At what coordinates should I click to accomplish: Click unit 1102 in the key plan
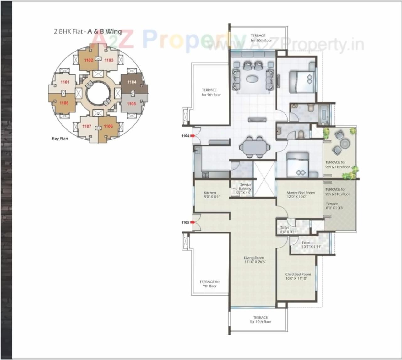tap(88, 60)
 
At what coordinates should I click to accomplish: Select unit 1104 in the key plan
tap(132, 82)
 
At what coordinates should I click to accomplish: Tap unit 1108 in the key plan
tap(64, 103)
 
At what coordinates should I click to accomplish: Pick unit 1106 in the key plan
tap(108, 126)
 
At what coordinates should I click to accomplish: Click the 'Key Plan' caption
tap(60, 138)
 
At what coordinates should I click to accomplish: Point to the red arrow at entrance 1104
tap(192, 136)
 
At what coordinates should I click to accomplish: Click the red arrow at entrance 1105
tap(192, 222)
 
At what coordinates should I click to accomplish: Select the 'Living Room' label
tap(254, 259)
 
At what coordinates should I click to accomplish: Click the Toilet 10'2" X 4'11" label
tap(306, 244)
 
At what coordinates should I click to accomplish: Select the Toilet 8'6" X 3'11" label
tap(285, 230)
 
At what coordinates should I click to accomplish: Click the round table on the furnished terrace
tap(344, 144)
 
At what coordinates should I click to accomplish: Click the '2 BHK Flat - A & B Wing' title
tap(88, 31)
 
